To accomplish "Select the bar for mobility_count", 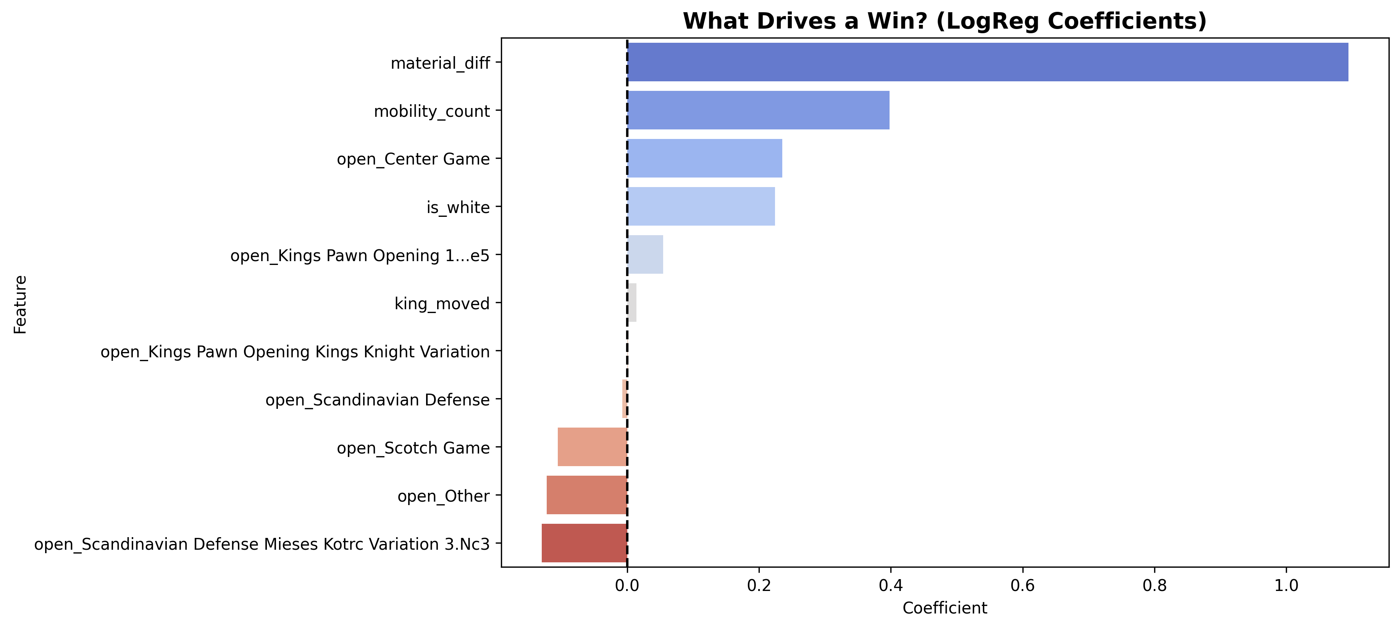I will pyautogui.click(x=758, y=110).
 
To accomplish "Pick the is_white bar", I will pyautogui.click(x=701, y=207).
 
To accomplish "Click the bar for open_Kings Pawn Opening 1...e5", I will pyautogui.click(x=645, y=254).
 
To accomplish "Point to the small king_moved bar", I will pyautogui.click(x=632, y=303).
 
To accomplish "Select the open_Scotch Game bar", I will pyautogui.click(x=593, y=447).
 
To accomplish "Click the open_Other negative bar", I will pyautogui.click(x=587, y=495).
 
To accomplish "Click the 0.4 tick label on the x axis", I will pyautogui.click(x=890, y=586).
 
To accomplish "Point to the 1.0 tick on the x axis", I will pyautogui.click(x=1286, y=586).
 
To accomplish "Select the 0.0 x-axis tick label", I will pyautogui.click(x=627, y=586).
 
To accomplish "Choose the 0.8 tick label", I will pyautogui.click(x=1155, y=586).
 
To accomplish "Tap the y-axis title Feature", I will pyautogui.click(x=21, y=304).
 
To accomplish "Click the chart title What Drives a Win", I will pyautogui.click(x=945, y=21).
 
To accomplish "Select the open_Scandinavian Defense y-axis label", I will pyautogui.click(x=377, y=400).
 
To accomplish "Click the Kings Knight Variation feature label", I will pyautogui.click(x=295, y=352).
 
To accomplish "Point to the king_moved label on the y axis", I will pyautogui.click(x=442, y=304).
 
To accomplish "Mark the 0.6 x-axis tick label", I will pyautogui.click(x=1022, y=586).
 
